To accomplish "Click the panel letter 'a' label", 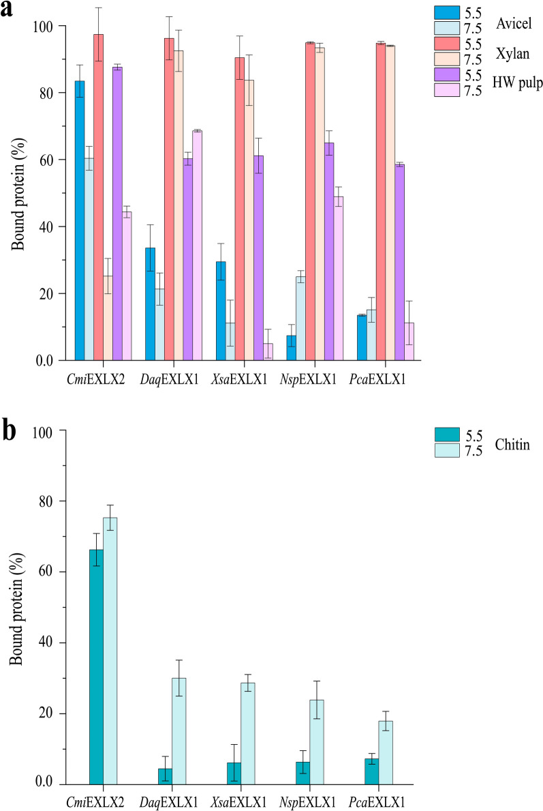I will click(x=8, y=12).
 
